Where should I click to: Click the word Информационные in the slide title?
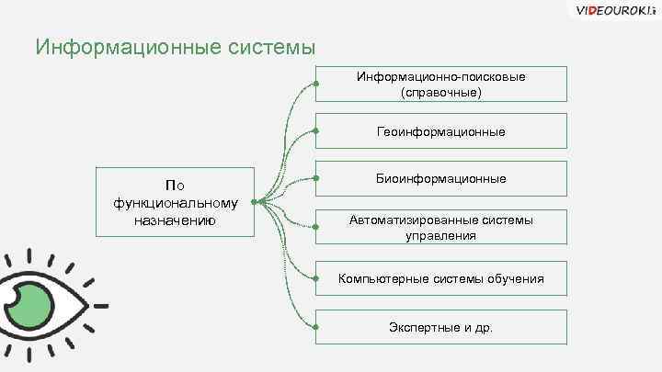(x=109, y=46)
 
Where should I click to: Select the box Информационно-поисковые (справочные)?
(x=441, y=84)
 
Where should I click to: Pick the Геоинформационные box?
(x=441, y=131)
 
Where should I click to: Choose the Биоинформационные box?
(x=441, y=178)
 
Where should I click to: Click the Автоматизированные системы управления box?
(x=441, y=228)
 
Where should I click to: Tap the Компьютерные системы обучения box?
(x=441, y=278)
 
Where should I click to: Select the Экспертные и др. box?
(x=441, y=326)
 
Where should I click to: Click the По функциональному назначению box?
(x=175, y=202)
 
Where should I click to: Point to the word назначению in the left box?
(x=175, y=220)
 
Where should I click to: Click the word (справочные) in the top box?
(x=441, y=93)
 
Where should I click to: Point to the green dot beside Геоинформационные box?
(x=315, y=131)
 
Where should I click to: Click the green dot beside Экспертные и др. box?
(x=315, y=326)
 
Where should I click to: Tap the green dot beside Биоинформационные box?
(x=315, y=178)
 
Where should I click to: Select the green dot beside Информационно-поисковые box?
(x=315, y=84)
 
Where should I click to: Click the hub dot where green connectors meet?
(x=260, y=201)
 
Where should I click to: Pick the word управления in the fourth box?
(x=441, y=236)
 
